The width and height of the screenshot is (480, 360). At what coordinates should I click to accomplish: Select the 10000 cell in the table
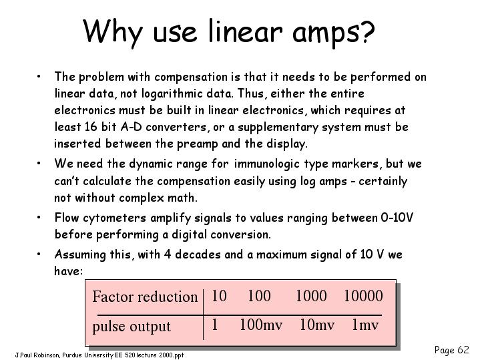(x=363, y=296)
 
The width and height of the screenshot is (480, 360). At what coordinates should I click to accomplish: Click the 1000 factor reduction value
(x=311, y=296)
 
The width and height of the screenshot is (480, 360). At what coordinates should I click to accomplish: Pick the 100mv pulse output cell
(x=261, y=325)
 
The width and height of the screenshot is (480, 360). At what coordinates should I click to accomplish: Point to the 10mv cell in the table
(x=317, y=325)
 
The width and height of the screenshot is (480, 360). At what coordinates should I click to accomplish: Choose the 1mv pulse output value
(x=365, y=325)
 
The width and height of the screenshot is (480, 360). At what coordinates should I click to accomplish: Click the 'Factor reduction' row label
(x=145, y=297)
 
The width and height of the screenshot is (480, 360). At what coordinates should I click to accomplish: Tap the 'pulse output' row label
(x=132, y=327)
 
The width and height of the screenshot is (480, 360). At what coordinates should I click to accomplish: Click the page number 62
(x=463, y=349)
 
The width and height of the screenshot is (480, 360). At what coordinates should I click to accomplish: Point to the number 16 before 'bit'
(x=91, y=126)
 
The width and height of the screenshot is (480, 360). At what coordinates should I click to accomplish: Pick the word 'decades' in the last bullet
(x=198, y=254)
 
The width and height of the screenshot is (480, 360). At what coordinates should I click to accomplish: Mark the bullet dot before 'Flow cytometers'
(x=39, y=217)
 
